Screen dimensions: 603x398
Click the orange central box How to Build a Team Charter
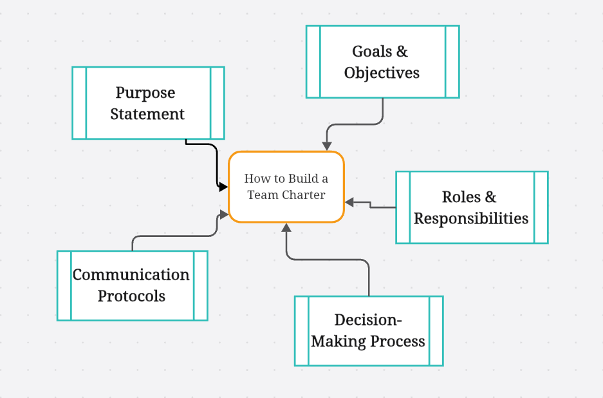point(286,187)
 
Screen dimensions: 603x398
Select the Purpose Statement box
point(148,103)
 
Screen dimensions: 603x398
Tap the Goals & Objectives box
point(383,62)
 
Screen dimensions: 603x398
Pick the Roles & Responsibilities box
point(472,207)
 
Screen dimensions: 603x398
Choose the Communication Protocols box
point(133,285)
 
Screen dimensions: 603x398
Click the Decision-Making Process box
point(369,331)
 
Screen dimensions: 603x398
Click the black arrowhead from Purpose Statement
point(223,187)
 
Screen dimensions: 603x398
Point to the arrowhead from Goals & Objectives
point(327,146)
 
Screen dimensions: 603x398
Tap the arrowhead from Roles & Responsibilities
point(349,202)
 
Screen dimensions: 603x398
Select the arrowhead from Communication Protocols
point(224,214)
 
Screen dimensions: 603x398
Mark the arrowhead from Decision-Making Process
point(286,228)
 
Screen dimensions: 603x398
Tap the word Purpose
point(145,93)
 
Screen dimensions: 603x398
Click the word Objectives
point(382,73)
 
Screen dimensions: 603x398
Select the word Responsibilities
point(471,218)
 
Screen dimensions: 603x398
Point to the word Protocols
point(131,296)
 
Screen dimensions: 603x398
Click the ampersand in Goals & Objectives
point(402,51)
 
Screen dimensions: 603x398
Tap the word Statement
point(147,114)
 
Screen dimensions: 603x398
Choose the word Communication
point(131,275)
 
